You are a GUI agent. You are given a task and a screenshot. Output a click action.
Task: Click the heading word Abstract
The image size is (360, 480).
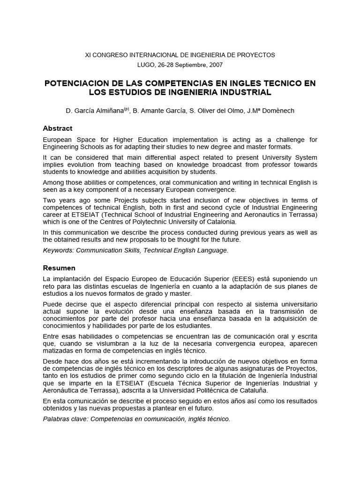coord(58,128)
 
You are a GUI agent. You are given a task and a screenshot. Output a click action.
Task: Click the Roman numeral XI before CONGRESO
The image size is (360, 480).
coord(88,55)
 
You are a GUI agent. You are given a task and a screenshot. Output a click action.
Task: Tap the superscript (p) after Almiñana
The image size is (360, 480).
coord(126,109)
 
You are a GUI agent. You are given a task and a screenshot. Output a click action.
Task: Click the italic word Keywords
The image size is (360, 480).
coord(58,250)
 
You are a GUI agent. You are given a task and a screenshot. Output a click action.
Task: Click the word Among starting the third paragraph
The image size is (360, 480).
coord(53,182)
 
